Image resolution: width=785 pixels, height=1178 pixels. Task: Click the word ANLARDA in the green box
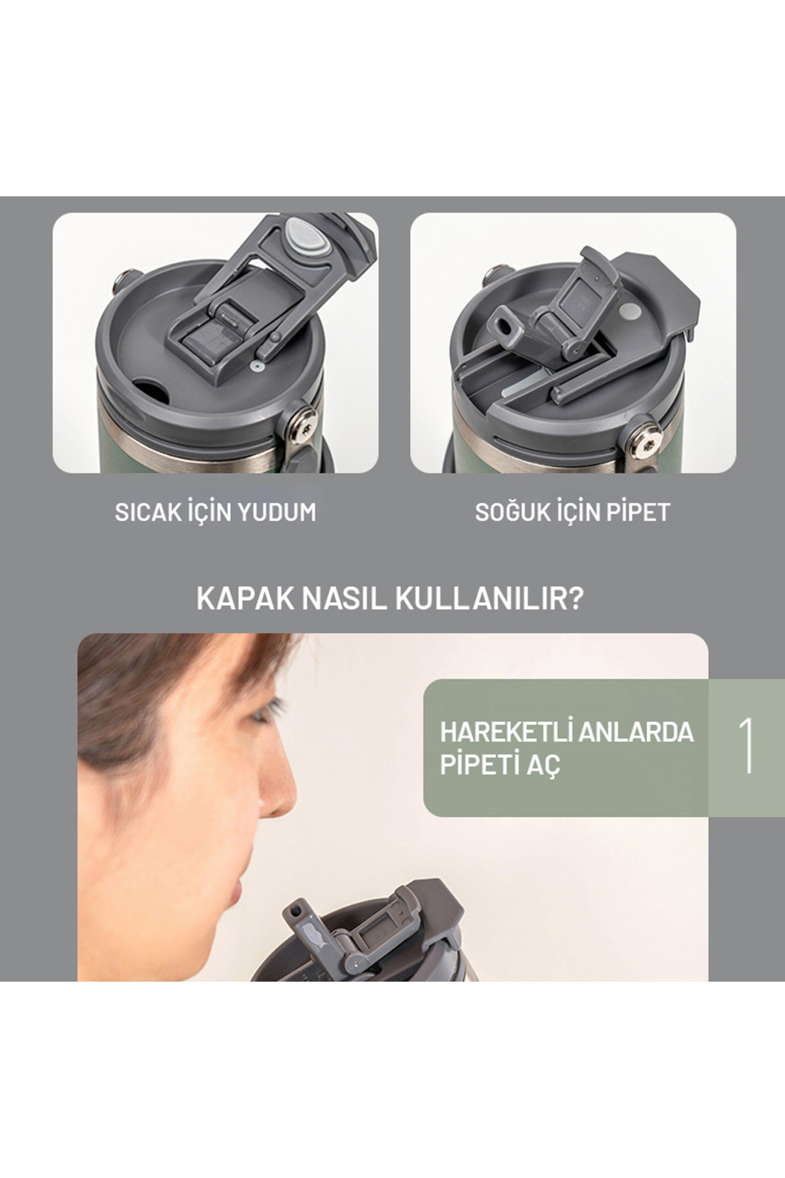click(637, 732)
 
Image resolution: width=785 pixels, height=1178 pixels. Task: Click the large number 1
click(746, 747)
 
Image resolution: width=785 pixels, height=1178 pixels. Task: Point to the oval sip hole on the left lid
click(150, 386)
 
